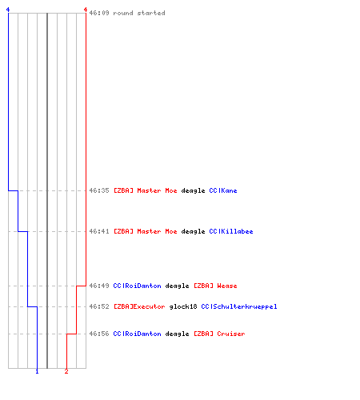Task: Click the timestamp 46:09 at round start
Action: click(x=99, y=13)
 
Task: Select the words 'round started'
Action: click(x=139, y=13)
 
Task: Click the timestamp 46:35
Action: click(x=99, y=190)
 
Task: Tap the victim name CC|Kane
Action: click(x=223, y=190)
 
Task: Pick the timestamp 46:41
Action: click(x=99, y=231)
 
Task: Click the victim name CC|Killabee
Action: click(x=231, y=231)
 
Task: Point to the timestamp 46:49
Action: click(x=99, y=286)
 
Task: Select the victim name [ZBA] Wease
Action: click(x=215, y=286)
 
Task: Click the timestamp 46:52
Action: click(x=99, y=306)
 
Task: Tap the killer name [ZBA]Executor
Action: click(x=139, y=306)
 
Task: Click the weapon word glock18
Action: click(x=183, y=306)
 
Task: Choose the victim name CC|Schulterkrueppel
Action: click(x=239, y=306)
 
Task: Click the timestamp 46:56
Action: click(x=99, y=334)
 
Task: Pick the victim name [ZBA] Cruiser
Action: click(x=219, y=334)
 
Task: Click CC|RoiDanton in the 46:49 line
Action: click(x=137, y=286)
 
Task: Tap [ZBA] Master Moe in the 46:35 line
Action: click(x=146, y=190)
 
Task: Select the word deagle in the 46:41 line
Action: click(x=193, y=231)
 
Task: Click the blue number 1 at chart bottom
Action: click(x=37, y=371)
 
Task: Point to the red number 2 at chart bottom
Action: click(x=66, y=371)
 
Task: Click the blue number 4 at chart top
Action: click(x=8, y=10)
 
